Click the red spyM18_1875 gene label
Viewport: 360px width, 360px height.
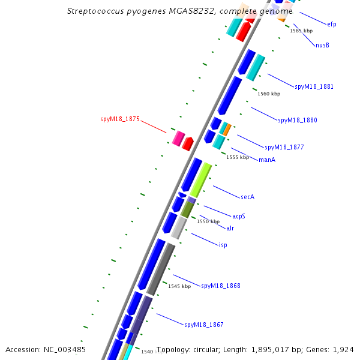point(120,119)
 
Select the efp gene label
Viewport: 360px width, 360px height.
point(332,24)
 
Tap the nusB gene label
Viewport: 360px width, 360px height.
point(322,45)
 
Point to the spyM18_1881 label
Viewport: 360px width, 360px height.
point(314,86)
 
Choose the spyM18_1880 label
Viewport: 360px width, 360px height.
point(298,120)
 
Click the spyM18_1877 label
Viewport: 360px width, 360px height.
point(284,147)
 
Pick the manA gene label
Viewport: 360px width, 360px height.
point(267,160)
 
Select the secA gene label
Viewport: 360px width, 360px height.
point(247,197)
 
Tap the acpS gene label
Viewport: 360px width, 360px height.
point(239,216)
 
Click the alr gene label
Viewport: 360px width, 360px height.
point(230,228)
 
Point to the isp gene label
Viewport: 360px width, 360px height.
point(223,245)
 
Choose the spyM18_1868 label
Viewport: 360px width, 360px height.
point(221,286)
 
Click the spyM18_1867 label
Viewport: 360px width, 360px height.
point(204,325)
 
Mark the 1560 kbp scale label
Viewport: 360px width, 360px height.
point(269,94)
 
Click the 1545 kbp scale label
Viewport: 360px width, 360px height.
point(179,286)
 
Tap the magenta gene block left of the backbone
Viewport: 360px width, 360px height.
point(178,139)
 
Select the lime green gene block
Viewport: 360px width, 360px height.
point(201,180)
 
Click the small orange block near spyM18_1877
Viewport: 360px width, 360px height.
point(227,130)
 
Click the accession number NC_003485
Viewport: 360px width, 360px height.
point(65,350)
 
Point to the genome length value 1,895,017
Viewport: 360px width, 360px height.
point(270,350)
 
